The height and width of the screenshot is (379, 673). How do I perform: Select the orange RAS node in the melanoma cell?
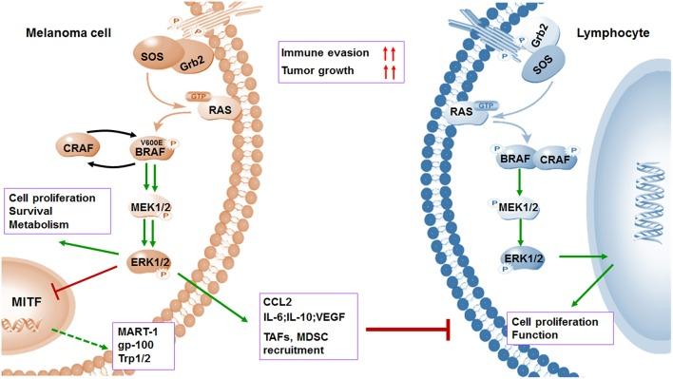pyautogui.click(x=213, y=111)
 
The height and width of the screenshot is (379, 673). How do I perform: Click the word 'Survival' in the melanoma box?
pyautogui.click(x=39, y=211)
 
